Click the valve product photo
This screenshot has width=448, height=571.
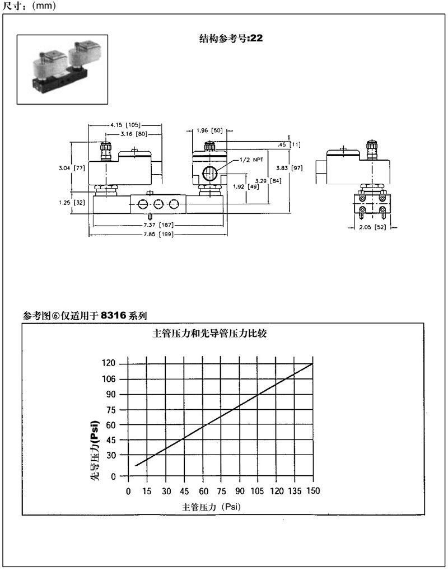coord(62,69)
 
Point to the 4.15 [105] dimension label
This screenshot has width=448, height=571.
coord(124,125)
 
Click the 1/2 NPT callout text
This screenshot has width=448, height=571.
coord(251,160)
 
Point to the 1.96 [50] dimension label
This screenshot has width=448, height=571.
coord(210,130)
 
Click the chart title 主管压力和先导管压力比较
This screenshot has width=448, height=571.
coord(213,334)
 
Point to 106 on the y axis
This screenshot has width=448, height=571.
coord(110,379)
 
